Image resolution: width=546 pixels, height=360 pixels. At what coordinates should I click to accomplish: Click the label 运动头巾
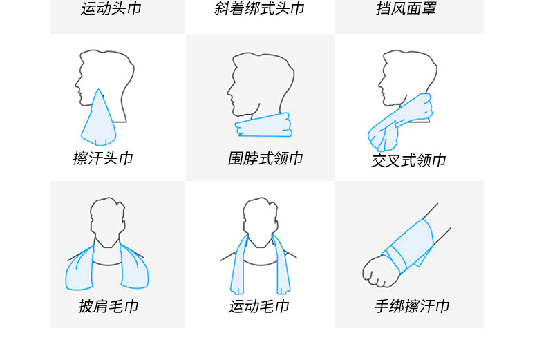pyautogui.click(x=111, y=8)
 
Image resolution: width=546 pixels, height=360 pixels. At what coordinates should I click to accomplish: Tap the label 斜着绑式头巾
pyautogui.click(x=259, y=8)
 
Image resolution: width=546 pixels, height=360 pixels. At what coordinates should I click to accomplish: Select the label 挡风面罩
pyautogui.click(x=406, y=8)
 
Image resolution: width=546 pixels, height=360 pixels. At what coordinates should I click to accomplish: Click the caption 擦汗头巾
pyautogui.click(x=103, y=158)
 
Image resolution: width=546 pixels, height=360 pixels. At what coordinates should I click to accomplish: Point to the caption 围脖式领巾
pyautogui.click(x=265, y=158)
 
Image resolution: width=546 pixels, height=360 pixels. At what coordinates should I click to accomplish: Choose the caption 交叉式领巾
pyautogui.click(x=408, y=160)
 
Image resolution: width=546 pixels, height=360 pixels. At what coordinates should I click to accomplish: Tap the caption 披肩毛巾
pyautogui.click(x=109, y=306)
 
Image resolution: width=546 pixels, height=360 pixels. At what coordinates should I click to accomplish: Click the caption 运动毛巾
pyautogui.click(x=259, y=306)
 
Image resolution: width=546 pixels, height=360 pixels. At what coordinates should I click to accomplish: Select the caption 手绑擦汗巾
pyautogui.click(x=412, y=306)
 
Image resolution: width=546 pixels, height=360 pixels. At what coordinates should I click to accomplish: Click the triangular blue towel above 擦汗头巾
pyautogui.click(x=99, y=122)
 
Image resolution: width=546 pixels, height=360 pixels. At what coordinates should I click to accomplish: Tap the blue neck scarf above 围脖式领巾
pyautogui.click(x=263, y=125)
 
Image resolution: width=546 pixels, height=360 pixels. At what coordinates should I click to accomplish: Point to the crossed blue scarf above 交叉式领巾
pyautogui.click(x=400, y=122)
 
